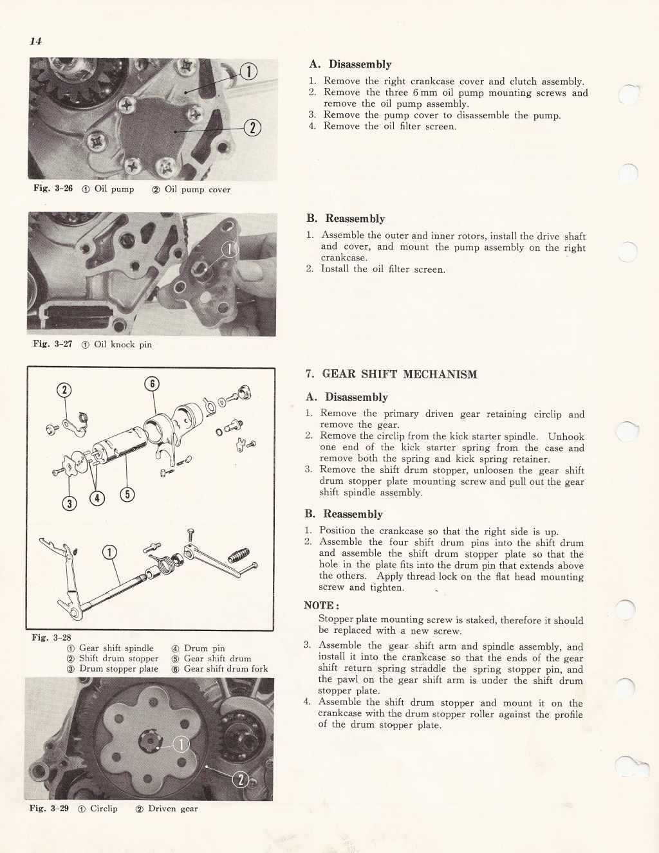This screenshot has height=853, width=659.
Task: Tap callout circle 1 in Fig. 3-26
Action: [248, 71]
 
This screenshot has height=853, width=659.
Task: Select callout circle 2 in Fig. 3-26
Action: [252, 128]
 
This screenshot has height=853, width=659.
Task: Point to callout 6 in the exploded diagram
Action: [153, 385]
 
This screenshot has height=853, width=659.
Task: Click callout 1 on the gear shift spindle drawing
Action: [110, 553]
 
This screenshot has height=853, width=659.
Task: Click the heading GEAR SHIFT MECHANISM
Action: [399, 374]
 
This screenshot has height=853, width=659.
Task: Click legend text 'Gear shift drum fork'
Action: [226, 668]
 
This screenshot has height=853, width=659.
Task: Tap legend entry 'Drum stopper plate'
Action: [118, 668]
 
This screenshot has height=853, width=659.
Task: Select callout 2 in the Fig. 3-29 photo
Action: [240, 780]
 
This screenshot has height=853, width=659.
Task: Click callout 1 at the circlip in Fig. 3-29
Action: [182, 744]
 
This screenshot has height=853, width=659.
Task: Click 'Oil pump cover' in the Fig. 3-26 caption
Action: [198, 189]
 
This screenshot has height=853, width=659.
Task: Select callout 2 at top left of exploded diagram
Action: [66, 390]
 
